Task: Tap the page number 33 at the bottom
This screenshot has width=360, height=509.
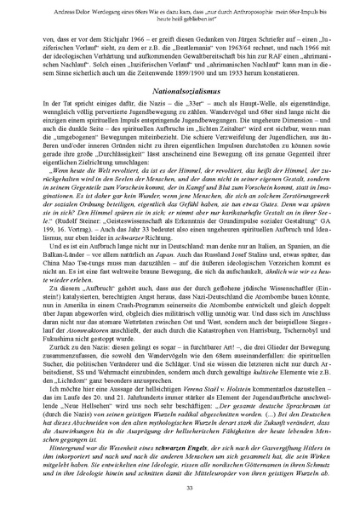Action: (180, 486)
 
